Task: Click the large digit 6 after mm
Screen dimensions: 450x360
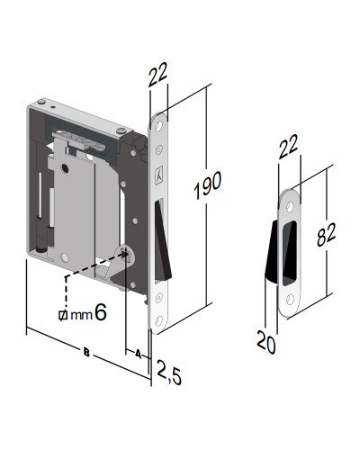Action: point(101,312)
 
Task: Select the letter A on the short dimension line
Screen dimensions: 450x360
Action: point(138,354)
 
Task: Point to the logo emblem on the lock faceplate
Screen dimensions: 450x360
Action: point(159,176)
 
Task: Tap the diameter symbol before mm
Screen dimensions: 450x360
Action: point(61,315)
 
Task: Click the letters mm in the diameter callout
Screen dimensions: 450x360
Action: point(79,315)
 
